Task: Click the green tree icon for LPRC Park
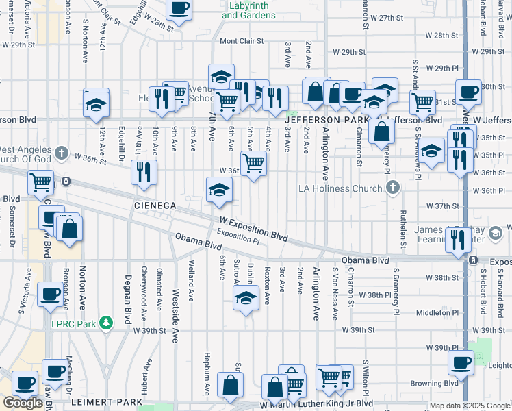pyautogui.click(x=105, y=322)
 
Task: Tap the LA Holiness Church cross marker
pyautogui.click(x=392, y=187)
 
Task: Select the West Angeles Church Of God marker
pyautogui.click(x=61, y=152)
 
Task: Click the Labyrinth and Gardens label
pyautogui.click(x=248, y=11)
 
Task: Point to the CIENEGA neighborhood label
pyautogui.click(x=156, y=205)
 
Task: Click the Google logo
pyautogui.click(x=23, y=403)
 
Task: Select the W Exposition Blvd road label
pyautogui.click(x=253, y=229)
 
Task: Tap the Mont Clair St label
pyautogui.click(x=242, y=41)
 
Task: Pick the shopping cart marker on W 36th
pyautogui.click(x=253, y=163)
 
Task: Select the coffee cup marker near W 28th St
pyautogui.click(x=179, y=9)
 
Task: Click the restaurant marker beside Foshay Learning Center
pyautogui.click(x=456, y=239)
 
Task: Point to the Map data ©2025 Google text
pyautogui.click(x=470, y=406)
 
